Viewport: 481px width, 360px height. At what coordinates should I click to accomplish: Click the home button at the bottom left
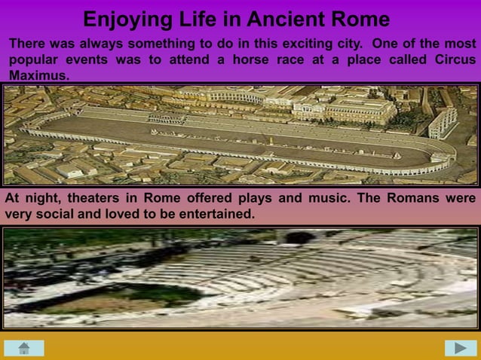pyautogui.click(x=23, y=347)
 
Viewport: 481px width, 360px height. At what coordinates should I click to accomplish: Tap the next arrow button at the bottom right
pyautogui.click(x=460, y=347)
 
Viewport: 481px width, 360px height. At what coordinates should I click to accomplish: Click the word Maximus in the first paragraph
pyautogui.click(x=38, y=76)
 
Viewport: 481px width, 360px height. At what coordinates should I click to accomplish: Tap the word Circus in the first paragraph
pyautogui.click(x=455, y=60)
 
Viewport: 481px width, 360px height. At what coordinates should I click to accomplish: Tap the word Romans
pyautogui.click(x=415, y=199)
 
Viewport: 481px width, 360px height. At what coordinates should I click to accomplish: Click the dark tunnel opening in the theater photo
pyautogui.click(x=300, y=238)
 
